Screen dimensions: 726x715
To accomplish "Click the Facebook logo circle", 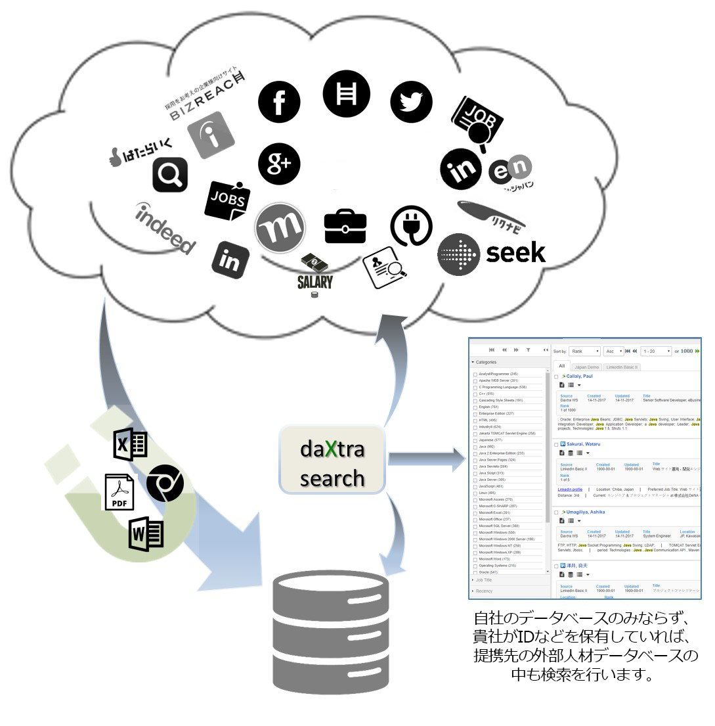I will tap(279, 102).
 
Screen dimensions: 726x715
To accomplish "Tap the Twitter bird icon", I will tap(411, 102).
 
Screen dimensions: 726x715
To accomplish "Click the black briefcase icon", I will tap(345, 227).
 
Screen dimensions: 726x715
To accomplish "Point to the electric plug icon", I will tap(411, 226).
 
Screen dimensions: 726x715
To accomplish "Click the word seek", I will tap(515, 252).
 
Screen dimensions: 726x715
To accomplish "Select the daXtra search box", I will tap(332, 459).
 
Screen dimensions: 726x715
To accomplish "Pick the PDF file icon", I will tap(119, 491).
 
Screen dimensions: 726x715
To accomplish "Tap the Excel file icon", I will tap(131, 445).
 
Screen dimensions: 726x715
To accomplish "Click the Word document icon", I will tap(146, 534).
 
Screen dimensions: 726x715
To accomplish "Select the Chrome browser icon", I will tap(165, 484).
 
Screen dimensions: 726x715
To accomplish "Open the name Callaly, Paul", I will tap(579, 376).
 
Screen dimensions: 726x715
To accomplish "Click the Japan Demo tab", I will tap(586, 367).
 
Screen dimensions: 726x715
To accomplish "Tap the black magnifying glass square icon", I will tap(170, 174).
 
